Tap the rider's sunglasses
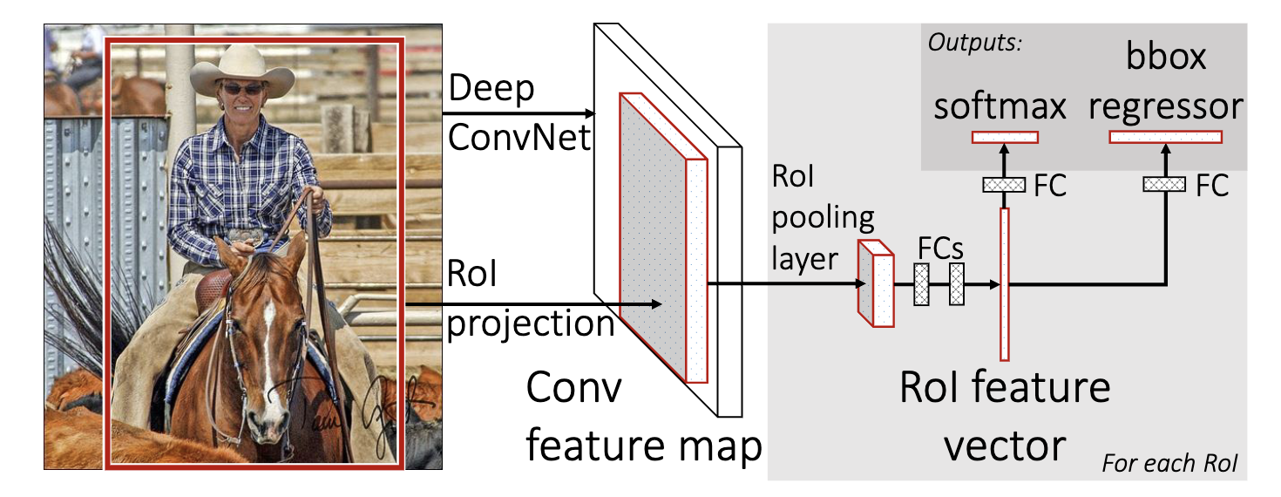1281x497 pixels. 241,89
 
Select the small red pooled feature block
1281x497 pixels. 876,283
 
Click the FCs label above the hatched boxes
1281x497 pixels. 940,248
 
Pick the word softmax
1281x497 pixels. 1001,106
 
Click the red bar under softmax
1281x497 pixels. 1005,137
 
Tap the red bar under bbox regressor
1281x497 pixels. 1166,137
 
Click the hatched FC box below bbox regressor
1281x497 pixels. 1166,185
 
